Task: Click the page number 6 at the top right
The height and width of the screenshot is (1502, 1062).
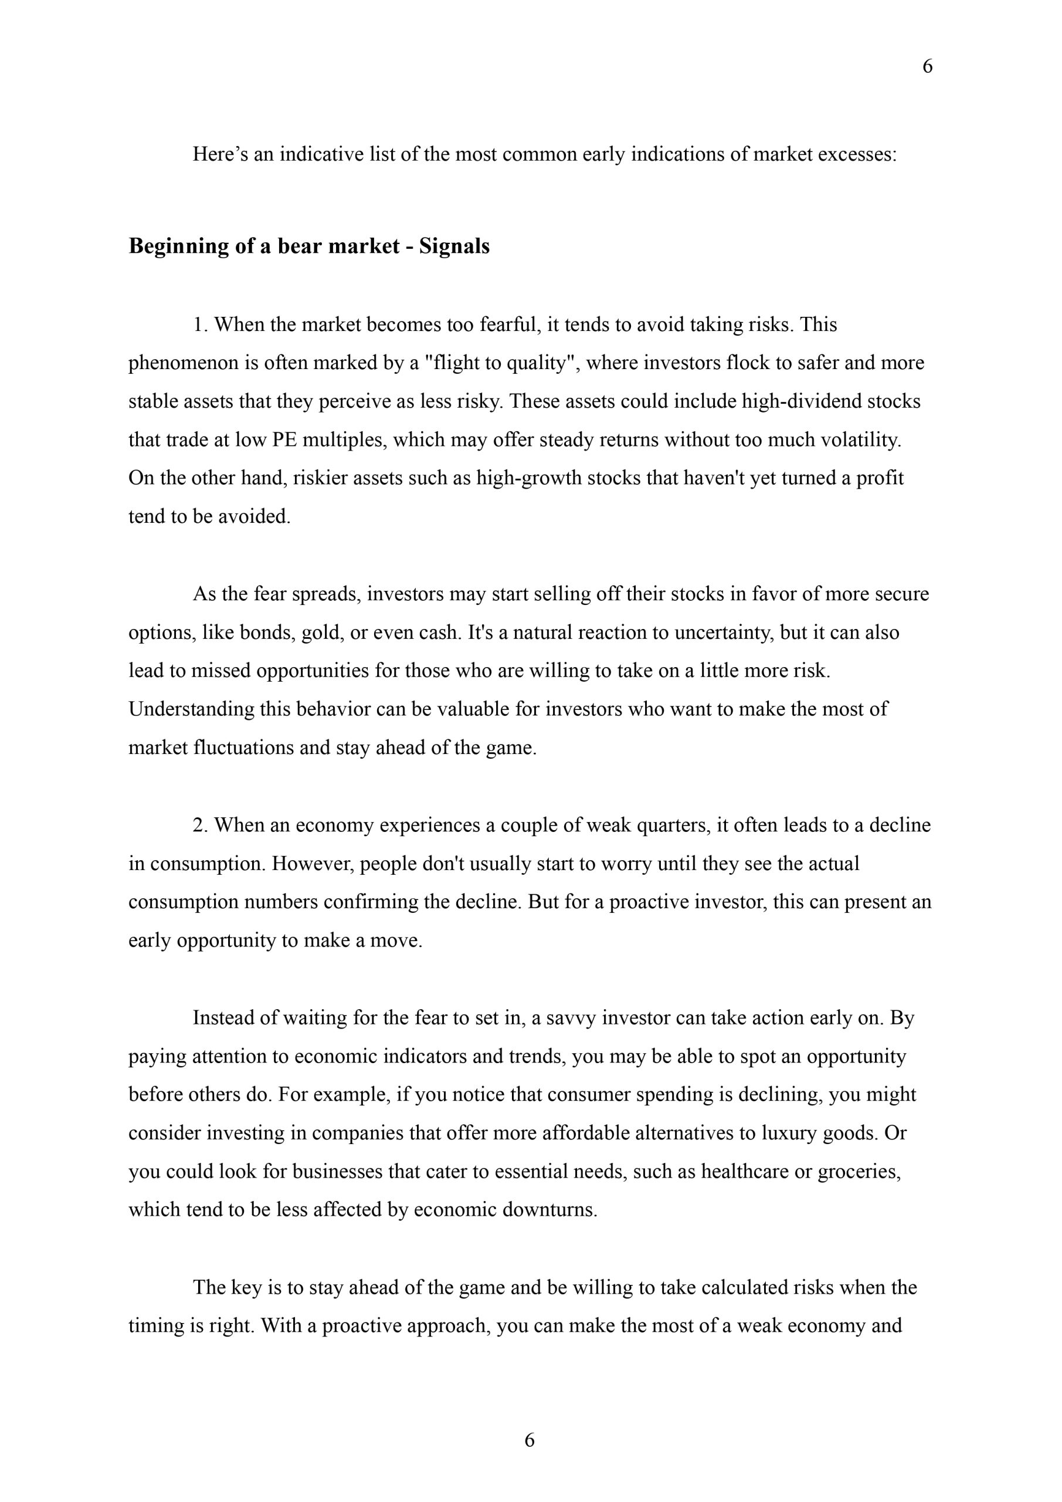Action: pyautogui.click(x=927, y=67)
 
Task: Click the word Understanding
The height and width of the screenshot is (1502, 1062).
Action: pyautogui.click(x=191, y=709)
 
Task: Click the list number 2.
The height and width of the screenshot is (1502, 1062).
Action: pyautogui.click(x=199, y=825)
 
